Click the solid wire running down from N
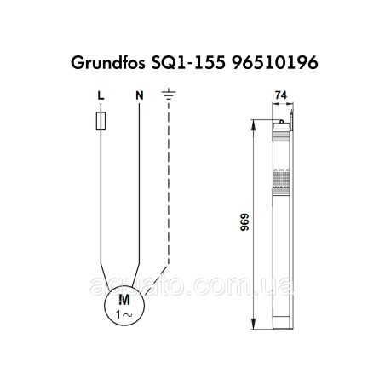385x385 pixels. coord(139,187)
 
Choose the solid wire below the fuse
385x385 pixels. coord(101,187)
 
